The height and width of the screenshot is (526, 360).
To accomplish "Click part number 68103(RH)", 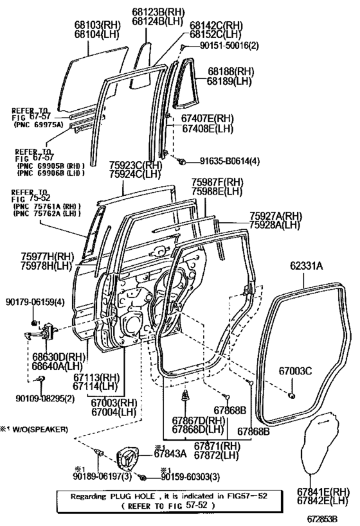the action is click(97, 25).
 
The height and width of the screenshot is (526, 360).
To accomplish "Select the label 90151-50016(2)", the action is click(230, 46).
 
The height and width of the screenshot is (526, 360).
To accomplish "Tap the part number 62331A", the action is click(307, 267).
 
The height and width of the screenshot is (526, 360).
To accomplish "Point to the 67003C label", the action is click(295, 371).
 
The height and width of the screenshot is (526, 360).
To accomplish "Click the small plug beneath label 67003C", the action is click(291, 396).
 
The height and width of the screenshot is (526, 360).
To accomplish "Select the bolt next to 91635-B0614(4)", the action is click(183, 162).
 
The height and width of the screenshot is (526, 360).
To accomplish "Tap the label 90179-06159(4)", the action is click(35, 302).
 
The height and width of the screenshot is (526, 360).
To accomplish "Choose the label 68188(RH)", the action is click(231, 71).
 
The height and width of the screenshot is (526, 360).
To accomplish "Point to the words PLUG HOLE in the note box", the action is click(133, 496).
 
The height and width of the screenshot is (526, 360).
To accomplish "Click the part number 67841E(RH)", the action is click(323, 492).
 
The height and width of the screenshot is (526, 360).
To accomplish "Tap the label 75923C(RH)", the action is click(136, 166).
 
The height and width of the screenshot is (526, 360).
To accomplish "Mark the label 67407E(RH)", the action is click(208, 118).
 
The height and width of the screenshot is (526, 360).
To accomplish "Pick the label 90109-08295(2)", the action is click(45, 399).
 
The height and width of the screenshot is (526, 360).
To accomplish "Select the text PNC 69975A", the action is click(39, 125).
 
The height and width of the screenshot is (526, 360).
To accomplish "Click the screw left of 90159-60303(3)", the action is click(143, 477).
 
